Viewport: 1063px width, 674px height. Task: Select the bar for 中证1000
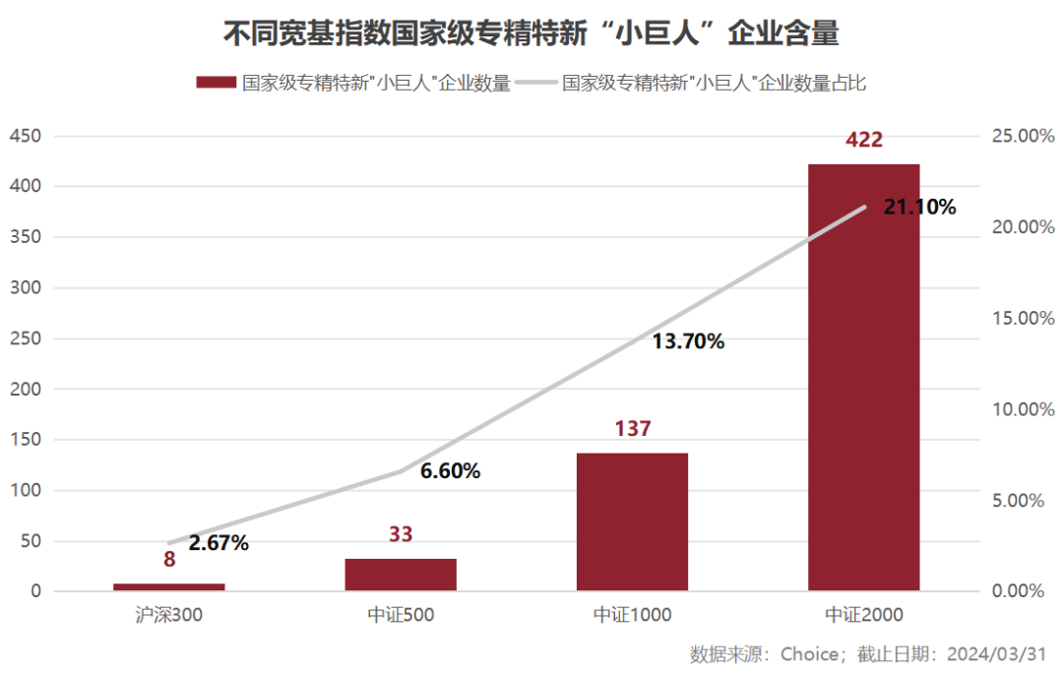(x=632, y=521)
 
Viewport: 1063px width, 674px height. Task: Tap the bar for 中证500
(x=401, y=575)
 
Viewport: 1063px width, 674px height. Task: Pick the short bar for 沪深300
(x=169, y=586)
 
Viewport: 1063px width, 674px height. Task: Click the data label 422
(x=864, y=140)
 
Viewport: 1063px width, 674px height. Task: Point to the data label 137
(x=632, y=429)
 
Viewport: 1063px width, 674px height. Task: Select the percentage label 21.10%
(x=919, y=207)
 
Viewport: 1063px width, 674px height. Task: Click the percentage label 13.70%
(x=688, y=342)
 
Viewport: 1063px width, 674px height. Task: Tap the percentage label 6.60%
(x=450, y=471)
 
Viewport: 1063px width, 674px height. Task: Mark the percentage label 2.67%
(x=219, y=543)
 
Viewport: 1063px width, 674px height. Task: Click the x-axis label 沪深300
(x=169, y=615)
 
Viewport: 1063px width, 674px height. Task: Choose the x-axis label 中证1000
(x=632, y=615)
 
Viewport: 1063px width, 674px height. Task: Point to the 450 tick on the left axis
(x=26, y=136)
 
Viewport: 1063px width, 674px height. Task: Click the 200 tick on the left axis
(x=26, y=389)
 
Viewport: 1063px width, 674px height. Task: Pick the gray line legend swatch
(x=535, y=83)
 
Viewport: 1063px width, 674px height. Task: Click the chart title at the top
(x=531, y=34)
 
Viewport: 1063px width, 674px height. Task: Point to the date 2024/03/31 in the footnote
(x=996, y=653)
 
